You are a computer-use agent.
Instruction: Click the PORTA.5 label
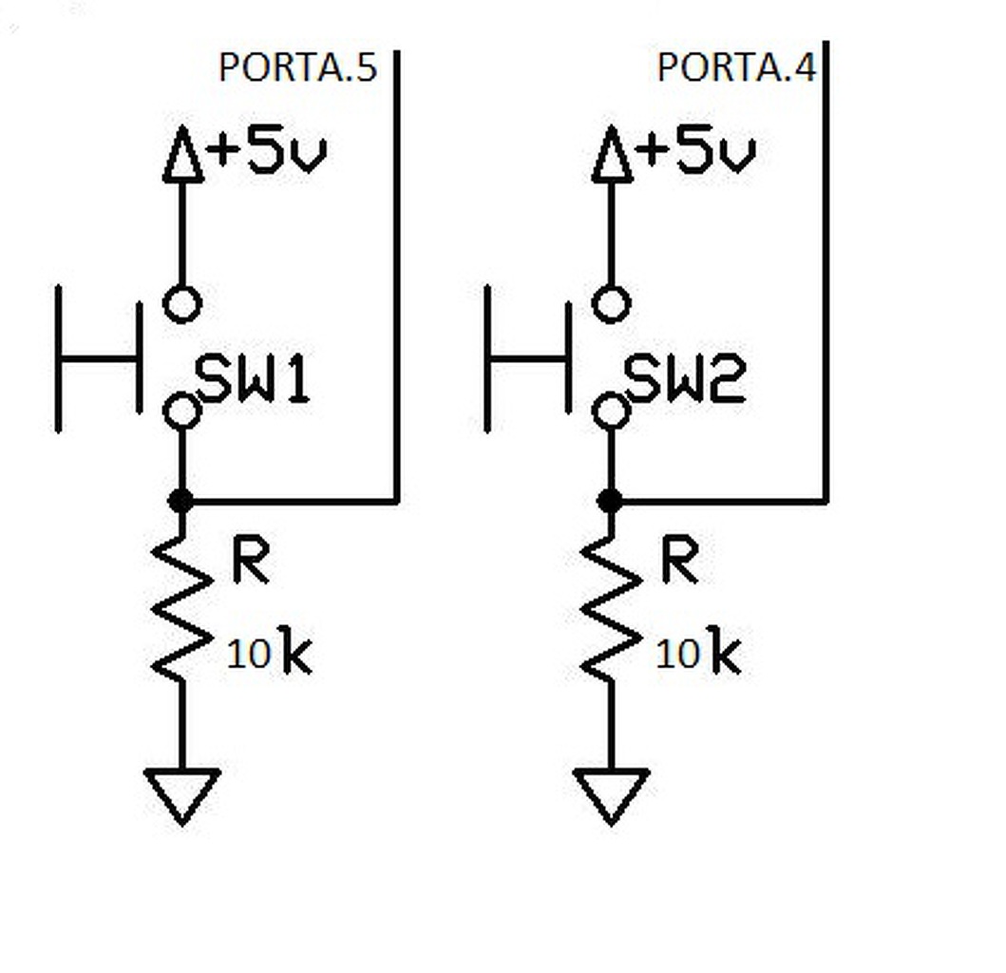[x=297, y=68]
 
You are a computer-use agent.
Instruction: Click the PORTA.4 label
[x=735, y=68]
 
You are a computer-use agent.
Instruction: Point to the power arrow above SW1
[x=182, y=157]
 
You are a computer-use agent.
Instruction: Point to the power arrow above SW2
[x=612, y=157]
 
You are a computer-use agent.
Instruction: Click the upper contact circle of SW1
[x=182, y=305]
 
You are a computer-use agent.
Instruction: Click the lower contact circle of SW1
[x=182, y=411]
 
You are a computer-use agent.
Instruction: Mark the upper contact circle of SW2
[x=611, y=305]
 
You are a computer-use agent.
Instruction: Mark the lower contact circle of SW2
[x=611, y=411]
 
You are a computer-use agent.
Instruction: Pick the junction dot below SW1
[x=180, y=501]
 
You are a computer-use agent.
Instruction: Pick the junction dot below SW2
[x=610, y=501]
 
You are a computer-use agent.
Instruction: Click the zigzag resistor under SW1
[x=181, y=608]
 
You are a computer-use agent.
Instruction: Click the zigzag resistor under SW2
[x=611, y=608]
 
